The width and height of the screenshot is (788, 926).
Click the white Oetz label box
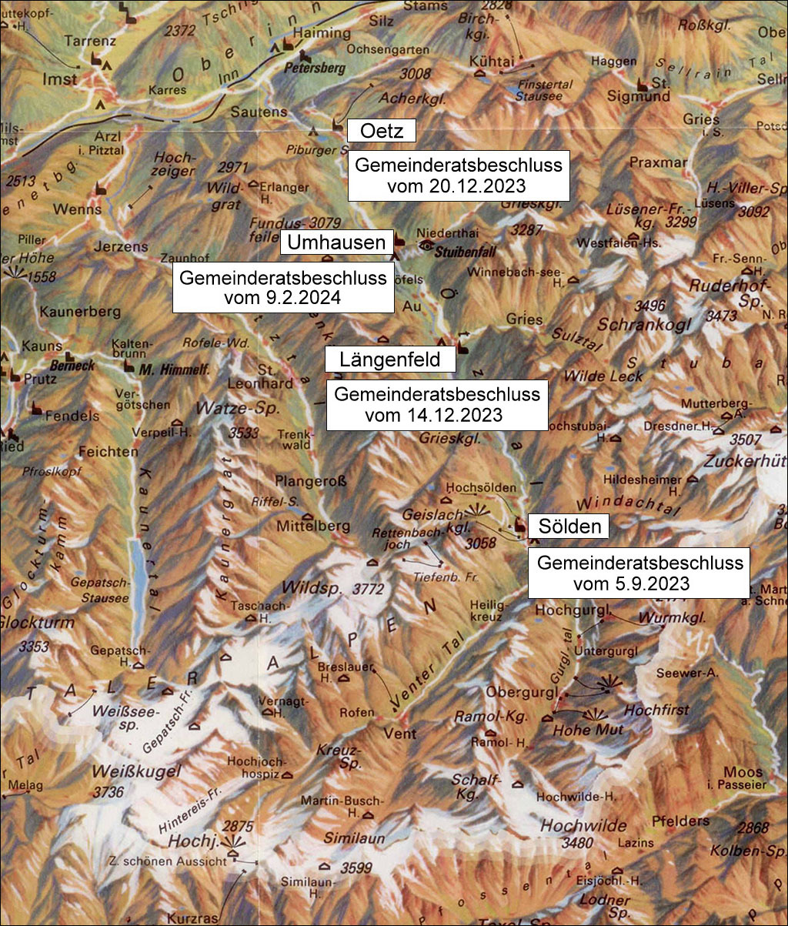point(382,131)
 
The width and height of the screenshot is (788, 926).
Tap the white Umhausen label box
point(337,242)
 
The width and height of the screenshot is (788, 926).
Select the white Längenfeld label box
point(390,359)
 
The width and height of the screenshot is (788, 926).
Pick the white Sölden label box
point(569,527)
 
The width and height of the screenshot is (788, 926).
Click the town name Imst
point(60,79)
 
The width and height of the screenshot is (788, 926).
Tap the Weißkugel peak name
point(125,771)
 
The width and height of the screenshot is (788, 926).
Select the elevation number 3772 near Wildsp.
point(367,590)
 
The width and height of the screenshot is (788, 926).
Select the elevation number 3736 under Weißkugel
point(108,791)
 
